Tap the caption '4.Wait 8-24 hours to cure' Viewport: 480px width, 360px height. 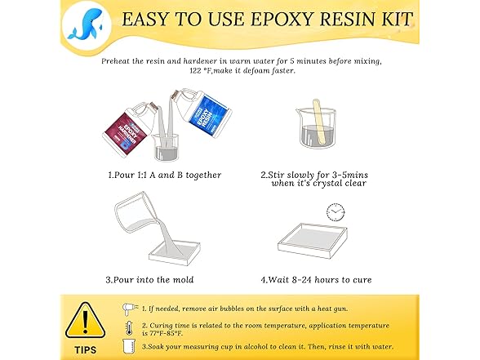click(x=316, y=279)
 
